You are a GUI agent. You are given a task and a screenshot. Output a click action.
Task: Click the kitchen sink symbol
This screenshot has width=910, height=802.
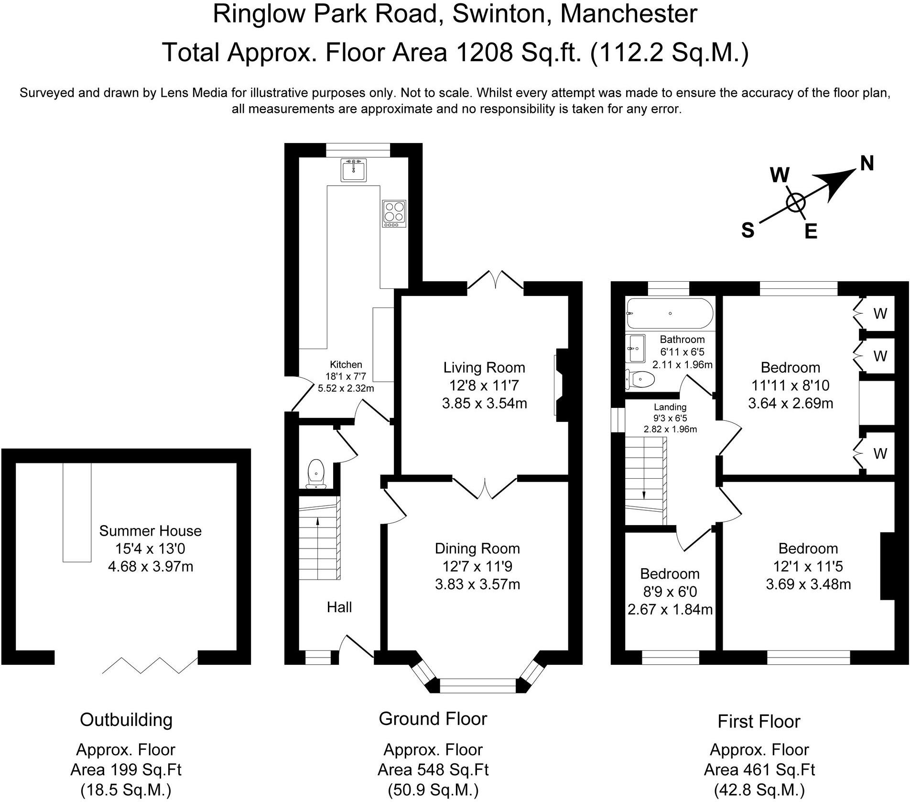(354, 170)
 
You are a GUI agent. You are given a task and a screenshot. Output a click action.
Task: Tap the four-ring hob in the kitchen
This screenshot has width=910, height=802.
(394, 213)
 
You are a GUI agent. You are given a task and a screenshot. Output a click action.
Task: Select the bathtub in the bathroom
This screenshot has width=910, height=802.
(670, 313)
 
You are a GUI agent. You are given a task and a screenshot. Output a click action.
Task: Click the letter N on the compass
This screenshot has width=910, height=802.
(867, 164)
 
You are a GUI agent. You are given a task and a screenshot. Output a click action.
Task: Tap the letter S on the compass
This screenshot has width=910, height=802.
(747, 231)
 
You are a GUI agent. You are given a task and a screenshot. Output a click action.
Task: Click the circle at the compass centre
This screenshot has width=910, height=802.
(796, 203)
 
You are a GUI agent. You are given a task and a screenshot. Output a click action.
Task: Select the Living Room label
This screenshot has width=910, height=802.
(484, 367)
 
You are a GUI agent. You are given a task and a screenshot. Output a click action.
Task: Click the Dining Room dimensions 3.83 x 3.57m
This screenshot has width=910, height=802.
(477, 584)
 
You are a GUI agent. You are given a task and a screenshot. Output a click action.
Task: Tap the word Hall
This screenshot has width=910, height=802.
(339, 607)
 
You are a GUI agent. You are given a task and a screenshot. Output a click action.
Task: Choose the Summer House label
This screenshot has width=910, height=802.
(151, 531)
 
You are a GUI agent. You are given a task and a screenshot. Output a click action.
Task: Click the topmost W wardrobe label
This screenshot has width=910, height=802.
(880, 313)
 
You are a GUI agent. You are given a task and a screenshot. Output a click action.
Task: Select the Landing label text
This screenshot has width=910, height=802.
(670, 407)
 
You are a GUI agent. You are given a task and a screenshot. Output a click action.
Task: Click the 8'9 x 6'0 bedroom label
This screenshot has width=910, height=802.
(670, 592)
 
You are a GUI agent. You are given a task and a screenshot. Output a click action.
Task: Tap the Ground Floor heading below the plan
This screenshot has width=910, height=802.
(433, 719)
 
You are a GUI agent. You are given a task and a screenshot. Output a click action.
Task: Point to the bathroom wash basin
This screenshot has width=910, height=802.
(635, 348)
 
